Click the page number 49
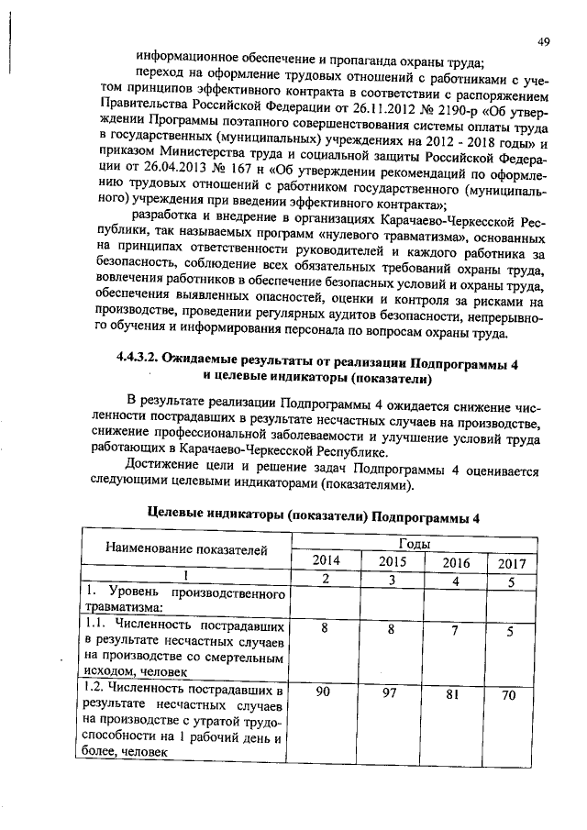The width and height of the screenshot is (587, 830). [x=543, y=42]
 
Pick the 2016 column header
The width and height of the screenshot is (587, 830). [x=455, y=561]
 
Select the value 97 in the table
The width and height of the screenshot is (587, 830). [x=391, y=693]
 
